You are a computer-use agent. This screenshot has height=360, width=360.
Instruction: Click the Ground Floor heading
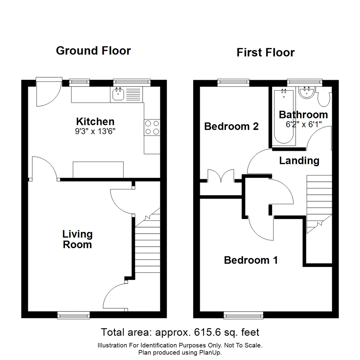[x=93, y=51]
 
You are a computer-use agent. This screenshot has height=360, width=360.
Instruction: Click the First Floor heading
[x=266, y=53]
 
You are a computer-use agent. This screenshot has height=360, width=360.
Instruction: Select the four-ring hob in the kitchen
[x=152, y=127]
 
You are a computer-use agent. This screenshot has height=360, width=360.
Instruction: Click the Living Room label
[x=77, y=239]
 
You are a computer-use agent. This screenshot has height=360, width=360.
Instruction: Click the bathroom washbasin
[x=306, y=93]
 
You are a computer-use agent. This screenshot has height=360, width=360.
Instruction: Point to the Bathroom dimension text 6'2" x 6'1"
[x=303, y=124]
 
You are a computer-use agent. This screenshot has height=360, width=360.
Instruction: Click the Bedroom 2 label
[x=231, y=127]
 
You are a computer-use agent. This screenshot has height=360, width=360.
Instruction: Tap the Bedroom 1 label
[x=251, y=260]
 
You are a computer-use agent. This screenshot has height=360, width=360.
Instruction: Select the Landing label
[x=299, y=161]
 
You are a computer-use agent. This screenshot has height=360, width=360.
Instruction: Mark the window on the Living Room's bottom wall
[x=73, y=315]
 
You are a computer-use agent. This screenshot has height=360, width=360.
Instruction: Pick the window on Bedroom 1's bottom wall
[x=243, y=315]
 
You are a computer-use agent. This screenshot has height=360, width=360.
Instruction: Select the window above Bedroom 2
[x=233, y=82]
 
